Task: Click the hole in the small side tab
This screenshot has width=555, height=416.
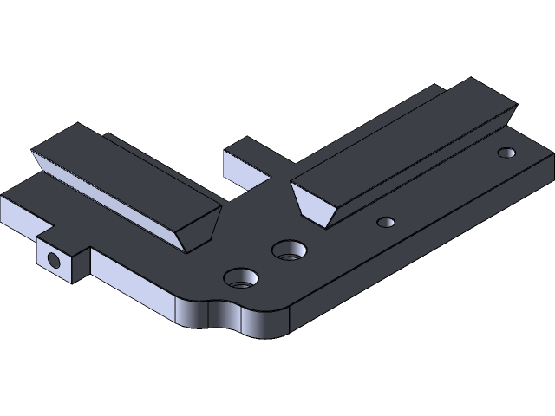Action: (x=55, y=260)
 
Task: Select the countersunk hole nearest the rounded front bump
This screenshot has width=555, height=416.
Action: (x=241, y=278)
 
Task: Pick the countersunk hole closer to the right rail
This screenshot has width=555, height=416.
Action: (x=289, y=251)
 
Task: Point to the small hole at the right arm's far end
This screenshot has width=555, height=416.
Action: (x=506, y=153)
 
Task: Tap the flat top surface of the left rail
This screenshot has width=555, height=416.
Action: (x=130, y=169)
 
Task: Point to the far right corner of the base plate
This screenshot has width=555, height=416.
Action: (x=547, y=157)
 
